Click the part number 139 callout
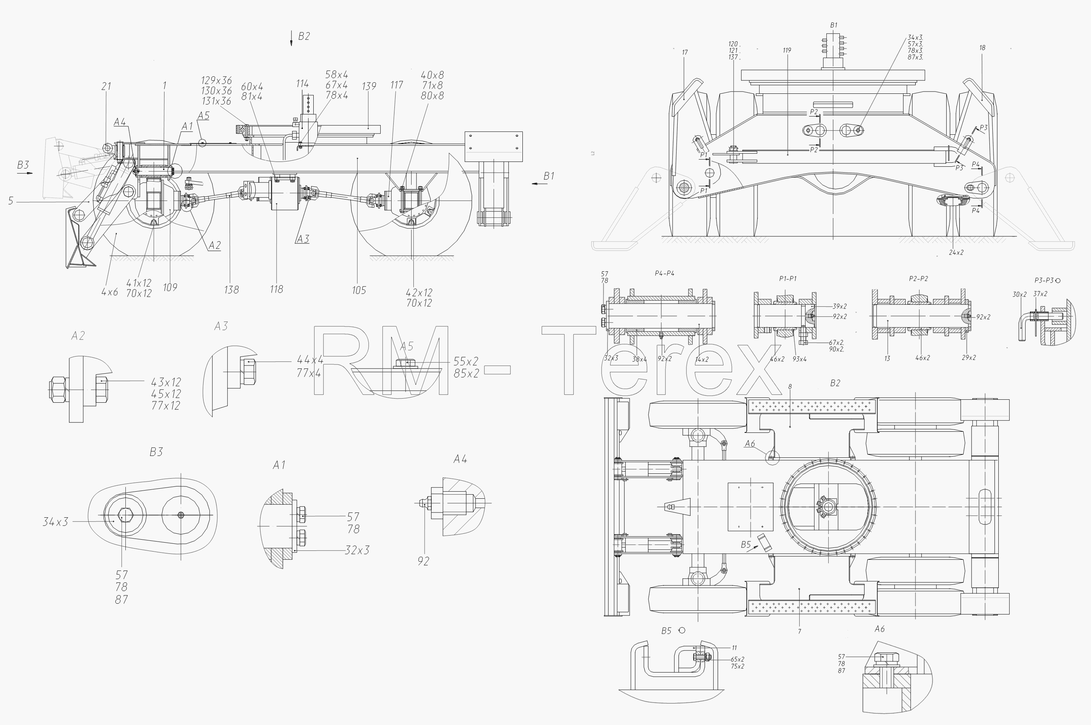369,86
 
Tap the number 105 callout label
359,290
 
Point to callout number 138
231,290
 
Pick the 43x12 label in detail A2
166,382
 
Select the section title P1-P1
788,278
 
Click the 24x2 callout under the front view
956,252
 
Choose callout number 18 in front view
982,48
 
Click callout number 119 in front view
787,50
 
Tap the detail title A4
460,459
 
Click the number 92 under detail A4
423,561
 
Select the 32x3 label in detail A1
357,550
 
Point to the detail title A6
880,629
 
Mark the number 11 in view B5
734,648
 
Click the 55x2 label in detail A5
466,361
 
